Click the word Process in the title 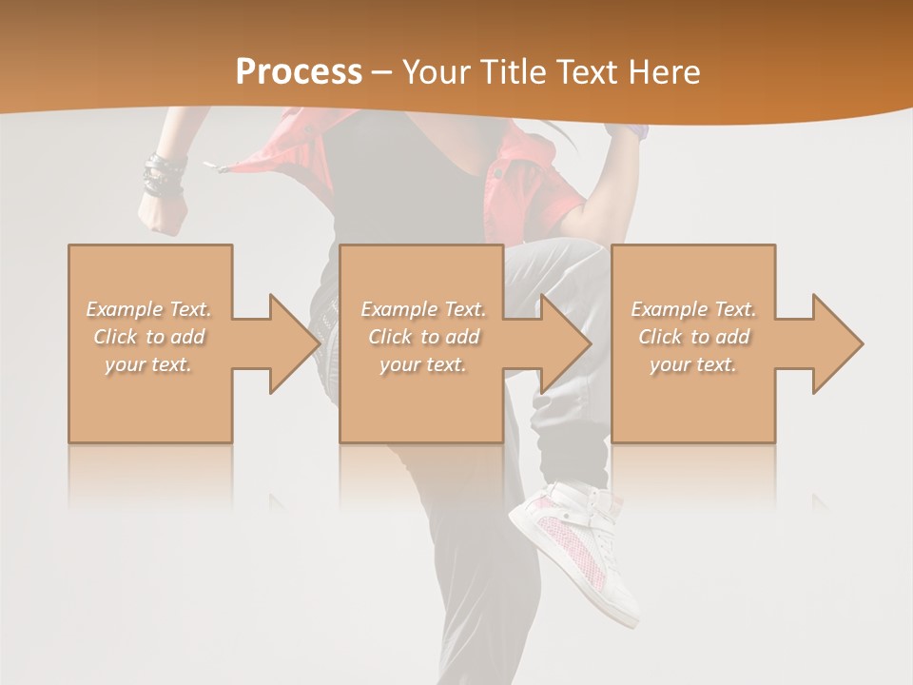pos(299,72)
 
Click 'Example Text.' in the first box pos(149,309)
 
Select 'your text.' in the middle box pos(422,364)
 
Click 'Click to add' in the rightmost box pos(693,337)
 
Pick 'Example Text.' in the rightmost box pos(693,309)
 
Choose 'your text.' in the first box pos(149,364)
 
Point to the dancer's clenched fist pos(162,216)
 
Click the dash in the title pos(380,72)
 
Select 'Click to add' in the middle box pos(422,337)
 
